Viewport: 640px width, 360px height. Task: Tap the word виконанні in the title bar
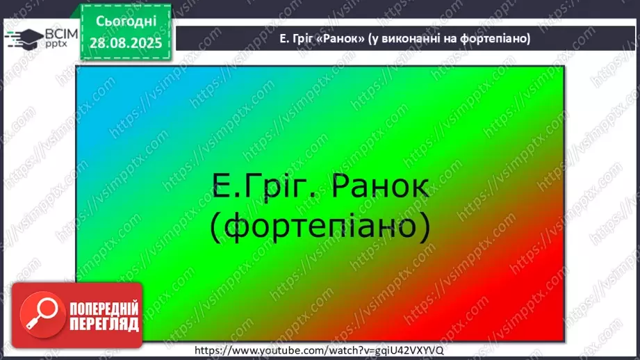coord(406,39)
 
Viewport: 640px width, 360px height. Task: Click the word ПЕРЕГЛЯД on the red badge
coord(104,324)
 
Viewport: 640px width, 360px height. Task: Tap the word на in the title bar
coord(445,39)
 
